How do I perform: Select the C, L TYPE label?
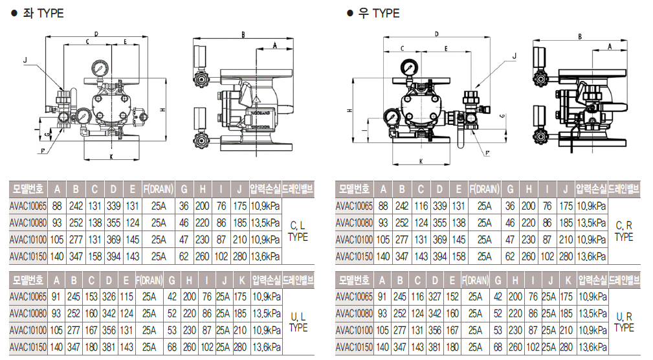point(298,231)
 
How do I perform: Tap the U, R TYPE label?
point(624,322)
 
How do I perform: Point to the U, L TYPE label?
point(298,322)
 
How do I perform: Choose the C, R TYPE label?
point(623,231)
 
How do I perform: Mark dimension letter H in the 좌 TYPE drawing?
point(161,109)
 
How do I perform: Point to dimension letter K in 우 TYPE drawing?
point(421,161)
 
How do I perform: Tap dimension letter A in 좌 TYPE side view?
point(274,45)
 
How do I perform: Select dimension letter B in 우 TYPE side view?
point(580,38)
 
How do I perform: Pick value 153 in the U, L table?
point(94,297)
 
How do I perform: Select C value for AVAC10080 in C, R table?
point(421,223)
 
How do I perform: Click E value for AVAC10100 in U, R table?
point(453,330)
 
